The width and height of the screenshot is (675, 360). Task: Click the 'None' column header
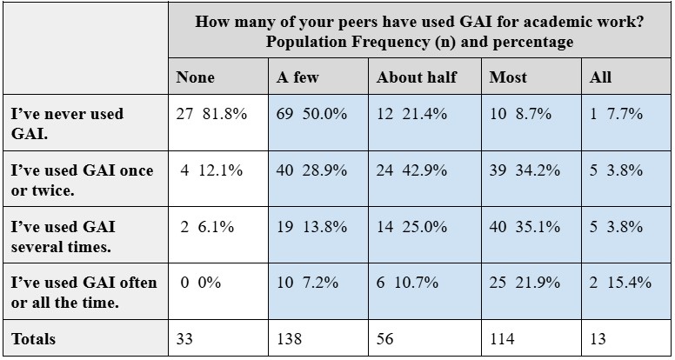(x=195, y=77)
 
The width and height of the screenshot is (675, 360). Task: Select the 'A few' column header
(x=297, y=77)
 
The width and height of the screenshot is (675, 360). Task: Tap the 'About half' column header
(x=416, y=77)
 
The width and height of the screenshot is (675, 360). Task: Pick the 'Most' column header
(x=508, y=77)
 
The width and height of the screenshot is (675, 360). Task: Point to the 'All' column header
(x=600, y=77)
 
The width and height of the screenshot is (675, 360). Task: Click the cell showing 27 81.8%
(x=213, y=113)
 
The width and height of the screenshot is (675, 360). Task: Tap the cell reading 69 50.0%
(x=312, y=113)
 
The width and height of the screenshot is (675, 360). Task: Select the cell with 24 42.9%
(x=412, y=170)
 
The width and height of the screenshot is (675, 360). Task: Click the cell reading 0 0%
(x=199, y=283)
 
